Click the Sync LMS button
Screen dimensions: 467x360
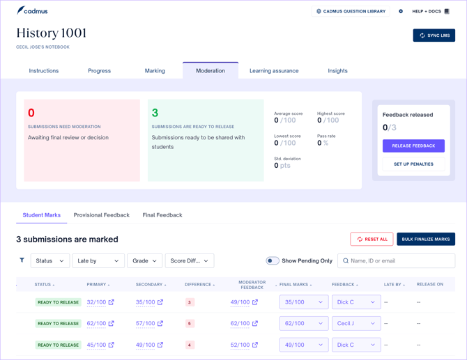click(434, 36)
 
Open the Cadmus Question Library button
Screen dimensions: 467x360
click(351, 11)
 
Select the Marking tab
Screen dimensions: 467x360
click(155, 71)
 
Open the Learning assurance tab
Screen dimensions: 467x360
click(274, 71)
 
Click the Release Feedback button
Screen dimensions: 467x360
click(413, 146)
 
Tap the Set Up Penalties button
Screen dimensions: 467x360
click(413, 164)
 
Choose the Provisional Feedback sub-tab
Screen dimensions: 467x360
click(102, 215)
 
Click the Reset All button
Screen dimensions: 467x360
click(372, 240)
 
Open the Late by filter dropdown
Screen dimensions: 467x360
click(98, 260)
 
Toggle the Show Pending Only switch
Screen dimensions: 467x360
click(273, 260)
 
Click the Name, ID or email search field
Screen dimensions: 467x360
click(396, 260)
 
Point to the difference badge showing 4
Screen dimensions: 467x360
click(190, 345)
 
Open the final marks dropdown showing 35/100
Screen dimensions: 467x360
click(304, 302)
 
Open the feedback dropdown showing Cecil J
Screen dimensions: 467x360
click(356, 323)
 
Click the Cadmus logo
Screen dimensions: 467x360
click(32, 10)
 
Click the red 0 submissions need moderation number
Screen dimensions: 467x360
click(31, 113)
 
